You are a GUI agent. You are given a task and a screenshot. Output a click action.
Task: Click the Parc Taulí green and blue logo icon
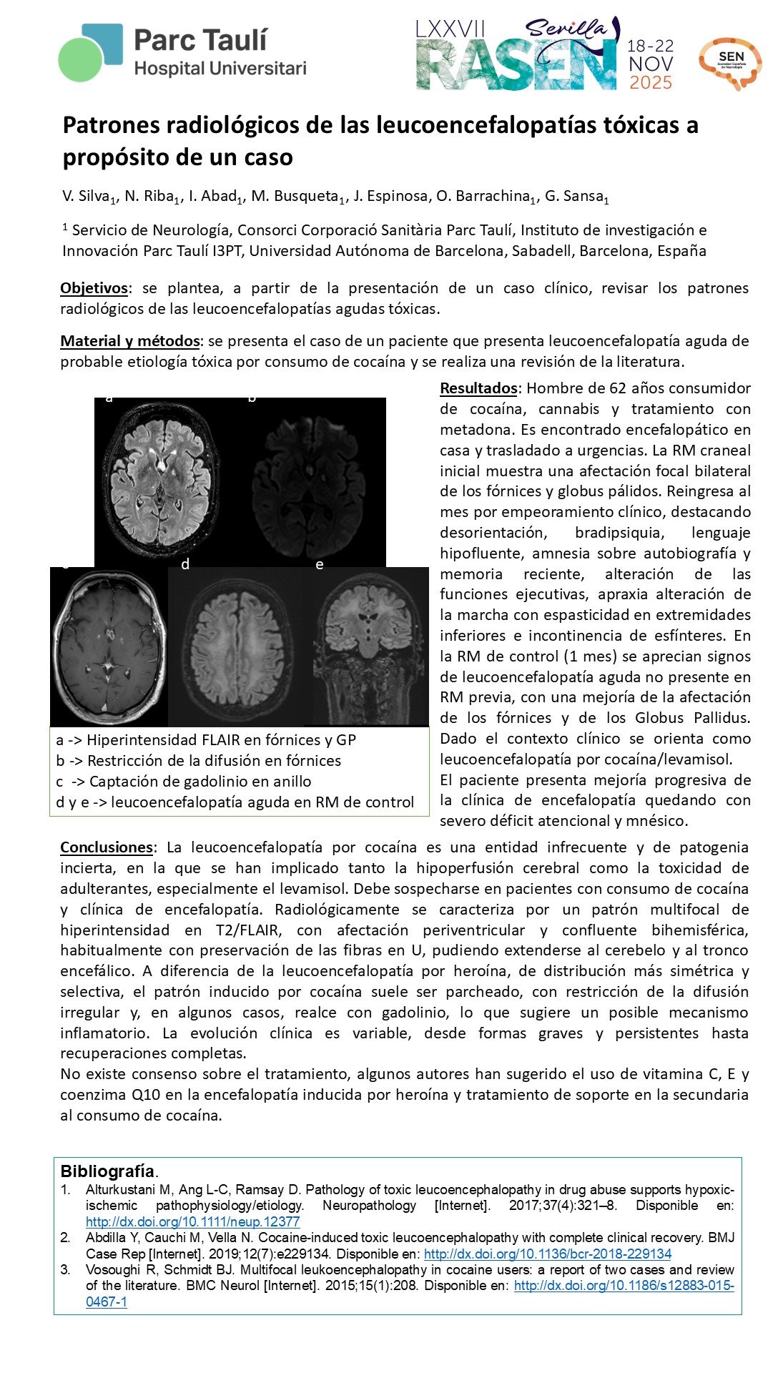pos(91,51)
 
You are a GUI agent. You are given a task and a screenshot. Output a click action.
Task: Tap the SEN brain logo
pos(729,63)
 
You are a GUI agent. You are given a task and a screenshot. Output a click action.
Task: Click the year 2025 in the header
pos(651,83)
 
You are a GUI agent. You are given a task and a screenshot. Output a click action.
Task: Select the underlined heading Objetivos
pos(94,288)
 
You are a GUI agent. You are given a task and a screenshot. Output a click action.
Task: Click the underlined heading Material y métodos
pos(129,341)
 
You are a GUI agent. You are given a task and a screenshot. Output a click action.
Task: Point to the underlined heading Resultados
pos(478,388)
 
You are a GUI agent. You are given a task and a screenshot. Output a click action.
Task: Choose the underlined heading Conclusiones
pos(107,847)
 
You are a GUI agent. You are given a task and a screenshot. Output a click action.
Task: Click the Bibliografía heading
pos(107,1171)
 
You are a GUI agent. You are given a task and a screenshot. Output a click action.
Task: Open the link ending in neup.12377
pos(192,1222)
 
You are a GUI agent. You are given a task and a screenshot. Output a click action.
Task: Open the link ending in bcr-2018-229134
pos(548,1254)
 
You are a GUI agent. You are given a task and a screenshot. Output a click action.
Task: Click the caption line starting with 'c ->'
pos(184,782)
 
